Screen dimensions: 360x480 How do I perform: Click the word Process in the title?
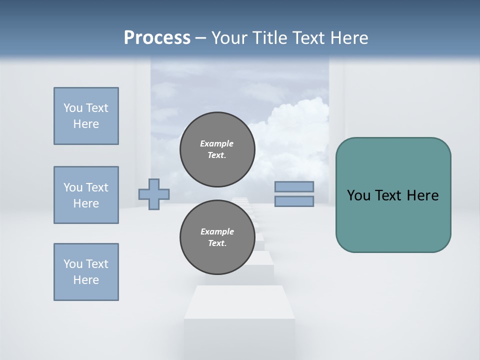coord(157,38)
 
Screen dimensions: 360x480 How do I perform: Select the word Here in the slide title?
coord(349,38)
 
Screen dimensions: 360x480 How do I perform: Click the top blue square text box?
coord(86,116)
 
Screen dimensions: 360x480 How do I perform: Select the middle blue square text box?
coord(86,195)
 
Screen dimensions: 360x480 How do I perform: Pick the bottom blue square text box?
coord(86,272)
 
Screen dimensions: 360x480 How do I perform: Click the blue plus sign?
coord(154,194)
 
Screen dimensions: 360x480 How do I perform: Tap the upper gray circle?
coord(217,149)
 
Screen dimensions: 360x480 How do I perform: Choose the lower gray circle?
coord(217,237)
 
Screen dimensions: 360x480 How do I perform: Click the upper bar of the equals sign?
coord(294,187)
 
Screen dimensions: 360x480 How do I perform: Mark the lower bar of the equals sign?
coord(294,201)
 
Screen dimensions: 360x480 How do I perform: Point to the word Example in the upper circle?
coord(217,143)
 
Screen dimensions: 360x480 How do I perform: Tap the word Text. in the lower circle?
coord(217,243)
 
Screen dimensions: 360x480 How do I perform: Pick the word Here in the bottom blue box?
coord(86,280)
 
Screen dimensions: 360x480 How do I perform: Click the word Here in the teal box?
coord(423,195)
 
